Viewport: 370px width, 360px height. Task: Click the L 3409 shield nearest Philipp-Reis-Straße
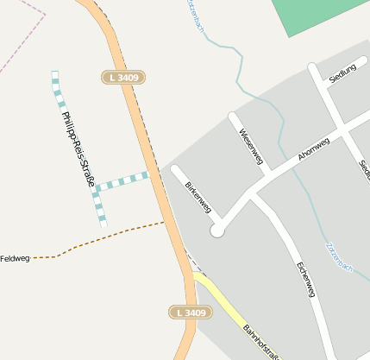(x=123, y=78)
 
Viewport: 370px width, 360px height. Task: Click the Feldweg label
(x=15, y=258)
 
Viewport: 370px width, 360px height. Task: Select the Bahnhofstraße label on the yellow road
(x=261, y=341)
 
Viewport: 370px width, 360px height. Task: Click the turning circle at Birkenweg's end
(x=217, y=231)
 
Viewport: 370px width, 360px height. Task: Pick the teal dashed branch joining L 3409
(x=122, y=181)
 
